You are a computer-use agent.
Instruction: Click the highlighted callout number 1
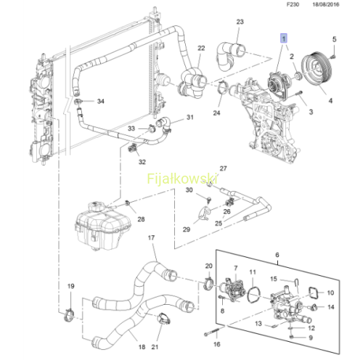click(283, 38)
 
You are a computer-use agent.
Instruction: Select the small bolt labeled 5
click(333, 57)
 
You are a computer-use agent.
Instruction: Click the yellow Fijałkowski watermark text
click(182, 179)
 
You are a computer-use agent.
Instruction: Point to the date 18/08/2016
click(326, 4)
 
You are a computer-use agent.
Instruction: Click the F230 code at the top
click(293, 4)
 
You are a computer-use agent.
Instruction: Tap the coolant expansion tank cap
click(97, 207)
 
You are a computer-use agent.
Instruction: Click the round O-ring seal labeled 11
click(253, 295)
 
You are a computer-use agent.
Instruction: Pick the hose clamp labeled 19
click(69, 315)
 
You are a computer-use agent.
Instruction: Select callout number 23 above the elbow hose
click(240, 22)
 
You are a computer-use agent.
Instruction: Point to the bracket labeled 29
click(204, 213)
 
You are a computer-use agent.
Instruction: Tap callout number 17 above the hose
click(151, 238)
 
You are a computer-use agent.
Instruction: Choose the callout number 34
click(101, 101)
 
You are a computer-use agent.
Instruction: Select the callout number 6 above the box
click(277, 255)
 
